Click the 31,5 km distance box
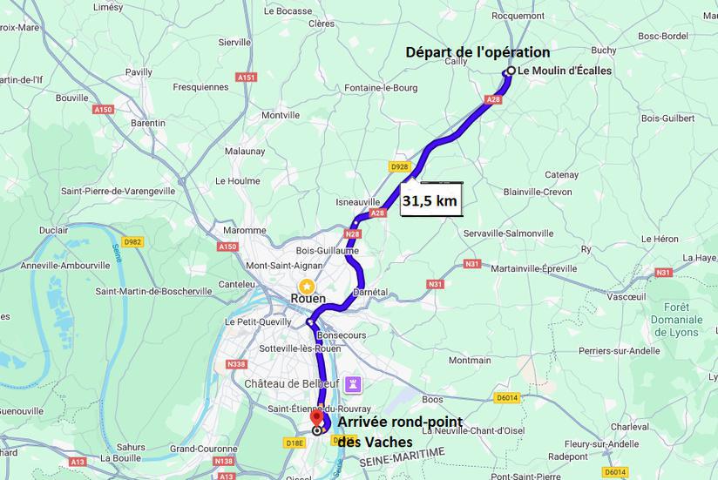click(x=430, y=200)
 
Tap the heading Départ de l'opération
click(x=478, y=52)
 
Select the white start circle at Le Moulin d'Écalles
click(x=511, y=71)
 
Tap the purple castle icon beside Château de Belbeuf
click(x=352, y=383)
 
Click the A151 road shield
click(x=247, y=78)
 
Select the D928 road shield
click(x=400, y=166)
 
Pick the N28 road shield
click(x=353, y=233)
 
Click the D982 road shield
click(x=132, y=241)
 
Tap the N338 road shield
click(x=236, y=364)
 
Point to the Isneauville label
click(x=358, y=201)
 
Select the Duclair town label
click(x=54, y=230)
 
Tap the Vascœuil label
click(x=626, y=296)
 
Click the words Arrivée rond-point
click(x=399, y=423)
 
